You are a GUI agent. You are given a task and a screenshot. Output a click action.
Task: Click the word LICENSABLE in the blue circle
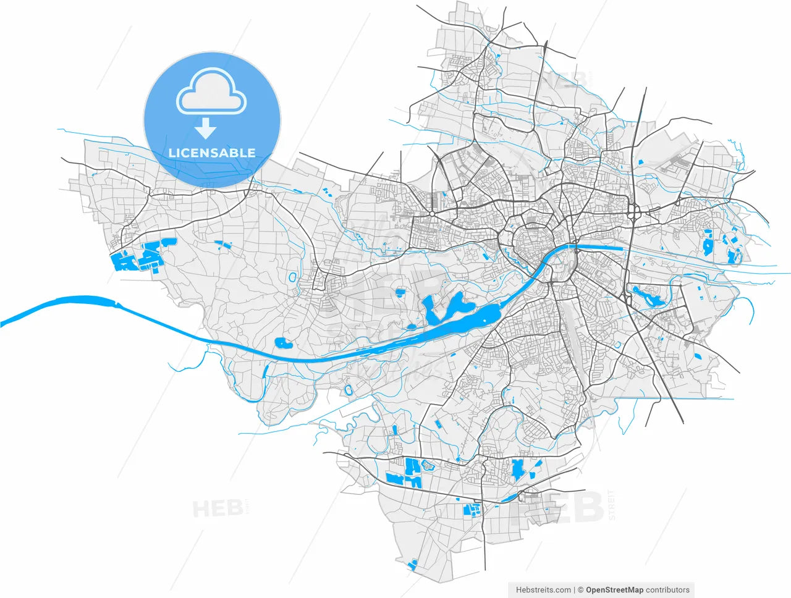pyautogui.click(x=212, y=153)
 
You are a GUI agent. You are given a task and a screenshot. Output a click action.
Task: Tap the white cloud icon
pyautogui.click(x=211, y=92)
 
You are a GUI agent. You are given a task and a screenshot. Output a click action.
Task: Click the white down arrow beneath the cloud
pyautogui.click(x=205, y=128)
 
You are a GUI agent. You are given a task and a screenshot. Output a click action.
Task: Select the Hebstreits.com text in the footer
pyautogui.click(x=543, y=590)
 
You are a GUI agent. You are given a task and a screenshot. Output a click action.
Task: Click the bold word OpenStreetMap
pyautogui.click(x=614, y=590)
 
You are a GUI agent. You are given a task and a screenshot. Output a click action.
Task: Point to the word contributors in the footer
pyautogui.click(x=667, y=590)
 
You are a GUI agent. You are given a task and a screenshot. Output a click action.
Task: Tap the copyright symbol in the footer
pyautogui.click(x=580, y=590)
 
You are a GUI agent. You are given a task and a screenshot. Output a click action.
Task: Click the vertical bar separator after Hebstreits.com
pyautogui.click(x=574, y=590)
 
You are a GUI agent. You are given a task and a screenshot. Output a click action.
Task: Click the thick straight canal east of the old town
pyautogui.click(x=599, y=248)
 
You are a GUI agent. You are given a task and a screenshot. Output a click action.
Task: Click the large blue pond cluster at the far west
pyautogui.click(x=139, y=256)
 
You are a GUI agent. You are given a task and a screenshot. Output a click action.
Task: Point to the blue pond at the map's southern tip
pyautogui.click(x=413, y=563)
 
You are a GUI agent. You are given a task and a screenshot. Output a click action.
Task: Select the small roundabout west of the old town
pyautogui.click(x=432, y=214)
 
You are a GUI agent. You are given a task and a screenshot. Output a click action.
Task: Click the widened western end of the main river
pyautogui.click(x=80, y=303)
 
